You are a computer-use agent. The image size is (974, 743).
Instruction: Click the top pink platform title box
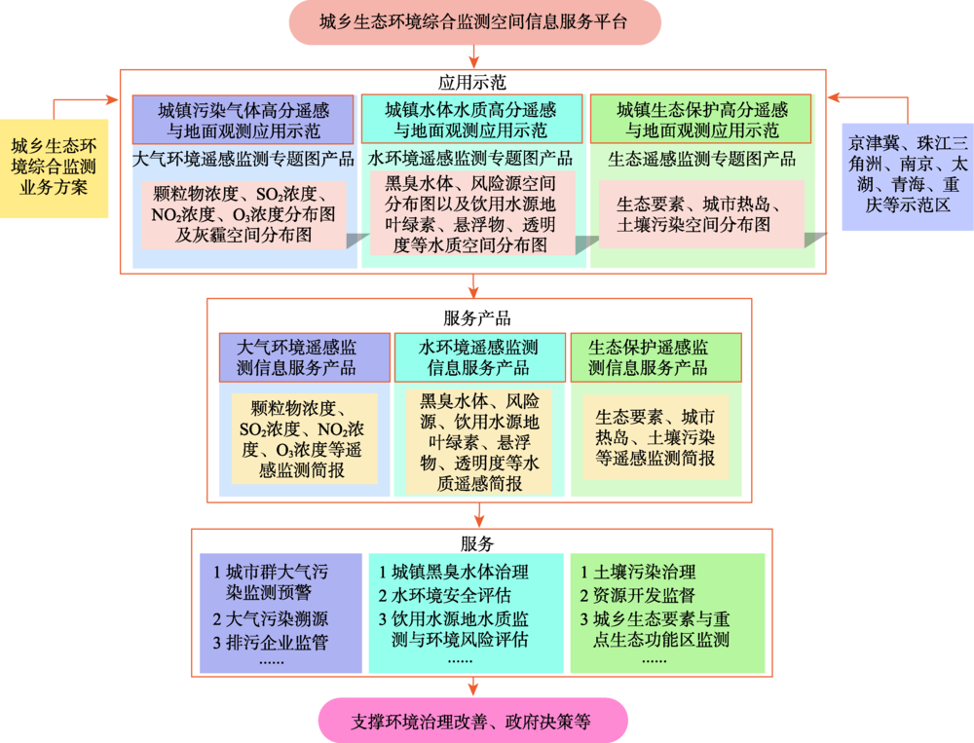click(x=474, y=22)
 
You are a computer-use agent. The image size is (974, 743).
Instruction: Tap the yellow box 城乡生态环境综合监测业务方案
click(x=54, y=167)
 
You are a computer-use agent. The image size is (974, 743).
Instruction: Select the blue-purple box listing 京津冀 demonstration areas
click(x=908, y=177)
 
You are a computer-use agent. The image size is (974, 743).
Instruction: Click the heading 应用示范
click(x=472, y=82)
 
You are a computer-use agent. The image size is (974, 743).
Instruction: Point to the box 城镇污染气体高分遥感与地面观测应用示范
click(x=243, y=120)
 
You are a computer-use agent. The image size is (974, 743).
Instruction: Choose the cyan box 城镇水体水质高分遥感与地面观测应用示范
click(x=471, y=119)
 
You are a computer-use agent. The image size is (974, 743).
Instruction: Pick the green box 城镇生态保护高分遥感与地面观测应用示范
click(x=700, y=119)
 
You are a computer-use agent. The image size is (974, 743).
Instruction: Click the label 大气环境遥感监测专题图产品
click(x=243, y=159)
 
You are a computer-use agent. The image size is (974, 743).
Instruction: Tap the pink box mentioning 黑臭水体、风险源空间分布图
click(x=472, y=213)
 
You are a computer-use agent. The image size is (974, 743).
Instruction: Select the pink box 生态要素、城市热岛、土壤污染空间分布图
click(x=701, y=214)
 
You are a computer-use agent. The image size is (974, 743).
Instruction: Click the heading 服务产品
click(x=477, y=318)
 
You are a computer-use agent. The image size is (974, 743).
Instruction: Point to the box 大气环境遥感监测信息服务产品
click(x=304, y=357)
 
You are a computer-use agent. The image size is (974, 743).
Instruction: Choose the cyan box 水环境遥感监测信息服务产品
click(x=479, y=357)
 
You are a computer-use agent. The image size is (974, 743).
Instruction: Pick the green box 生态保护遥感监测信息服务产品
click(x=656, y=357)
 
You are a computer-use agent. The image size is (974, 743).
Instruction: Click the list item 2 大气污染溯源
click(x=270, y=618)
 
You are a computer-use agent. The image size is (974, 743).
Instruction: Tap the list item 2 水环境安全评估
click(x=445, y=595)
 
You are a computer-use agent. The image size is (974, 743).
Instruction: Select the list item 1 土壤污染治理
click(x=638, y=572)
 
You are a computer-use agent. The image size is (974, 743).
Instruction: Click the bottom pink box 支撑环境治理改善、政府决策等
click(x=472, y=721)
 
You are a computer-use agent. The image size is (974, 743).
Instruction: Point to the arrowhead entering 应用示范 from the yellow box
click(x=113, y=99)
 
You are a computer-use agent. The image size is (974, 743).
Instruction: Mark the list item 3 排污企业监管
click(x=270, y=643)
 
